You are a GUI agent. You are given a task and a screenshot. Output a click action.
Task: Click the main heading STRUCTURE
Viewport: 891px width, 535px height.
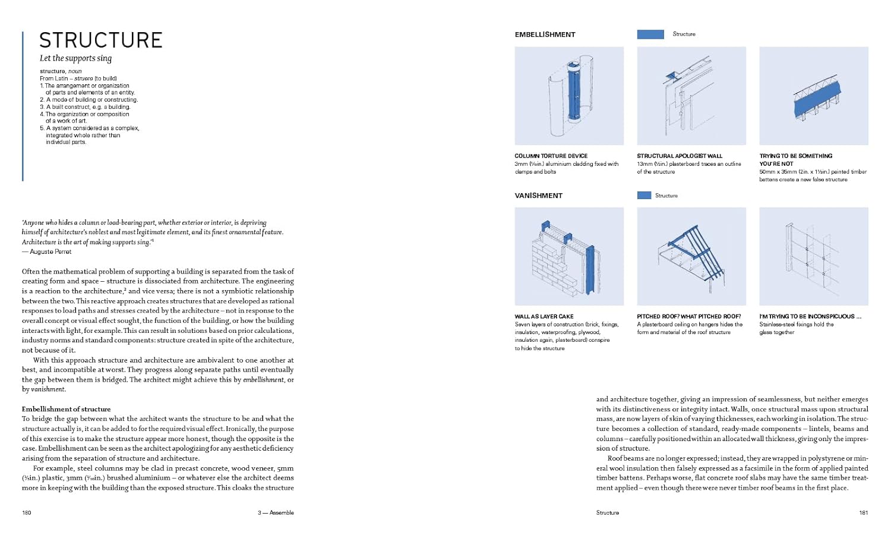pyautogui.click(x=101, y=40)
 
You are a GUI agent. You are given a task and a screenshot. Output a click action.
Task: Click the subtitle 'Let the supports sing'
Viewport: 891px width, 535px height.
pyautogui.click(x=75, y=58)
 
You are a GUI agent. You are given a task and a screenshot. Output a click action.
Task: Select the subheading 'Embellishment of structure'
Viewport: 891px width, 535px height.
pyautogui.click(x=66, y=409)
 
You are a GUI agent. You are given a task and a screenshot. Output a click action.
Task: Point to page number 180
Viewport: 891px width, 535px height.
pyautogui.click(x=27, y=512)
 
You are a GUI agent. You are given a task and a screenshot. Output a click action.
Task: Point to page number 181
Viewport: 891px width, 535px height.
pyautogui.click(x=863, y=512)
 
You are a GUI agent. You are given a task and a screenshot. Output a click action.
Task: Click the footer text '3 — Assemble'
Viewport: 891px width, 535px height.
pyautogui.click(x=276, y=512)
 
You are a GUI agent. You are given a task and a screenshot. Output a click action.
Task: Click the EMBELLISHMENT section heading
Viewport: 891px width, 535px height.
pyautogui.click(x=545, y=34)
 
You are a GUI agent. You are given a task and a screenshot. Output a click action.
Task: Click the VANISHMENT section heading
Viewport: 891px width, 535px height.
pyautogui.click(x=538, y=196)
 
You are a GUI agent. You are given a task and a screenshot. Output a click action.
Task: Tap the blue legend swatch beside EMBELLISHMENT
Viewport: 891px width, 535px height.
pyautogui.click(x=650, y=34)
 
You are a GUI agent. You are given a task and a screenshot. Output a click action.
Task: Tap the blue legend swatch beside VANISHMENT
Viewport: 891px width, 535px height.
pyautogui.click(x=644, y=196)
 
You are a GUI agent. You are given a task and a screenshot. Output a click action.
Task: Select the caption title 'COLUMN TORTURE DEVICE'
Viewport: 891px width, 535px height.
pyautogui.click(x=551, y=156)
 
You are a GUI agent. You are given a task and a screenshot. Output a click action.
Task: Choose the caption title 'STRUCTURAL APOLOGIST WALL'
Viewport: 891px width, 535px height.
pyautogui.click(x=680, y=156)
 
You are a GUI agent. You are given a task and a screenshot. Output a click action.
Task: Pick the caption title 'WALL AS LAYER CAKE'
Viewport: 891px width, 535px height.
pyautogui.click(x=544, y=317)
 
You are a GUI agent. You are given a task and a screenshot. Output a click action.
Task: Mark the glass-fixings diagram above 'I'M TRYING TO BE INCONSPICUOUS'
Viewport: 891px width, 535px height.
pyautogui.click(x=814, y=256)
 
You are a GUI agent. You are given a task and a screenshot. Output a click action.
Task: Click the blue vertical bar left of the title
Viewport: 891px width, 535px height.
pyautogui.click(x=23, y=106)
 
